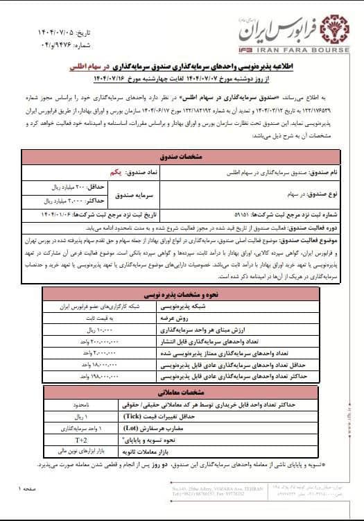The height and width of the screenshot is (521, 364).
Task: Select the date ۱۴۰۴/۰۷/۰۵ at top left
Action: coord(55,32)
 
